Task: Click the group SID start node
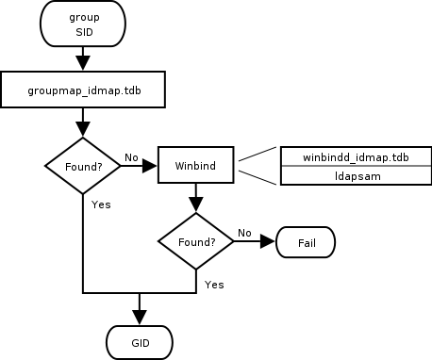(84, 25)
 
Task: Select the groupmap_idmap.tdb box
(84, 90)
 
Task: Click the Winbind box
(195, 165)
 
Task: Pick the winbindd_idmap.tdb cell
(355, 155)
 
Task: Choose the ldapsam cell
(355, 175)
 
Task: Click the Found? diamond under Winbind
(195, 241)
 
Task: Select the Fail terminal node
(305, 241)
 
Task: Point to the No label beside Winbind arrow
(131, 157)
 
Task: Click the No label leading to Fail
(244, 233)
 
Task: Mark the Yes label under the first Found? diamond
(101, 204)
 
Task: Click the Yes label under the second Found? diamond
(213, 284)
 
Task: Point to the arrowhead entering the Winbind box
(151, 165)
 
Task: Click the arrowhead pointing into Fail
(268, 241)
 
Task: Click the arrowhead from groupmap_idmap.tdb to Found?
(84, 130)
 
